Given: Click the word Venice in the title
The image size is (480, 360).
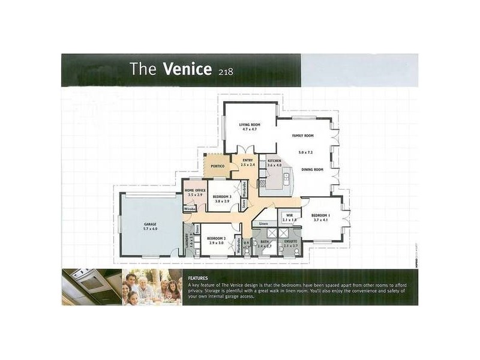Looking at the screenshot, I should coord(187,69).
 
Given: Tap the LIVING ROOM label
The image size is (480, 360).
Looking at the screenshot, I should coord(249,124).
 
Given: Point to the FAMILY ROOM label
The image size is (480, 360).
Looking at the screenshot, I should coord(303,136).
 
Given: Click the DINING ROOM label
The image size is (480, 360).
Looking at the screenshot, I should coord(311,170).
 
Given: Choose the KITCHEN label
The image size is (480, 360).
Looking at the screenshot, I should coord(274,161).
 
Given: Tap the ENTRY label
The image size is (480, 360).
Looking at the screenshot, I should coord(247,160).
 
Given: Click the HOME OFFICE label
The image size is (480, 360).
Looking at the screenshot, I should coord(195,190).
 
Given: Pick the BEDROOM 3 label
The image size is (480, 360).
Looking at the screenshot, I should coord(222,197).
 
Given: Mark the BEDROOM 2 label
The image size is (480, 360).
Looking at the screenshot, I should coord(216,238).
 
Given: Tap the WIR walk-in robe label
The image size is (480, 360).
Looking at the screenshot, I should coord(289,215).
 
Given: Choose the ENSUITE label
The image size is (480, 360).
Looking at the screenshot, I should coord(291,241).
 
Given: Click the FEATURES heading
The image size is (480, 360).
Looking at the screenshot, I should coord(199,278).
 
